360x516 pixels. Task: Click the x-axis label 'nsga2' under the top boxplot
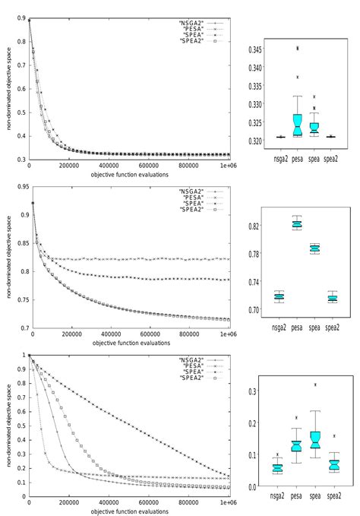pos(280,161)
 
